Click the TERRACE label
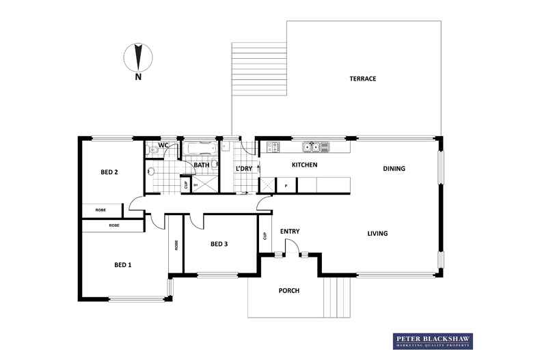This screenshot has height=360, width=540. (363, 79)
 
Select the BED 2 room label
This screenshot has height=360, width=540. (109, 172)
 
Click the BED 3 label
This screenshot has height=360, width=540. (220, 244)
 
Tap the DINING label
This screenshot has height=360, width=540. (394, 169)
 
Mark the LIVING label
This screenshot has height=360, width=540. (377, 234)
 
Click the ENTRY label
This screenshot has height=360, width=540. (290, 232)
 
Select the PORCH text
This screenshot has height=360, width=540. (289, 291)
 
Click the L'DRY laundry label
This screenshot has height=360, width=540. (244, 169)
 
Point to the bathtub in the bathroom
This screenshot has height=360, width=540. (201, 148)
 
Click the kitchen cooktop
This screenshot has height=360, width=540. (273, 146)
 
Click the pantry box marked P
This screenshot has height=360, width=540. (285, 185)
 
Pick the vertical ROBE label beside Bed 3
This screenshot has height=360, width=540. (176, 245)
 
